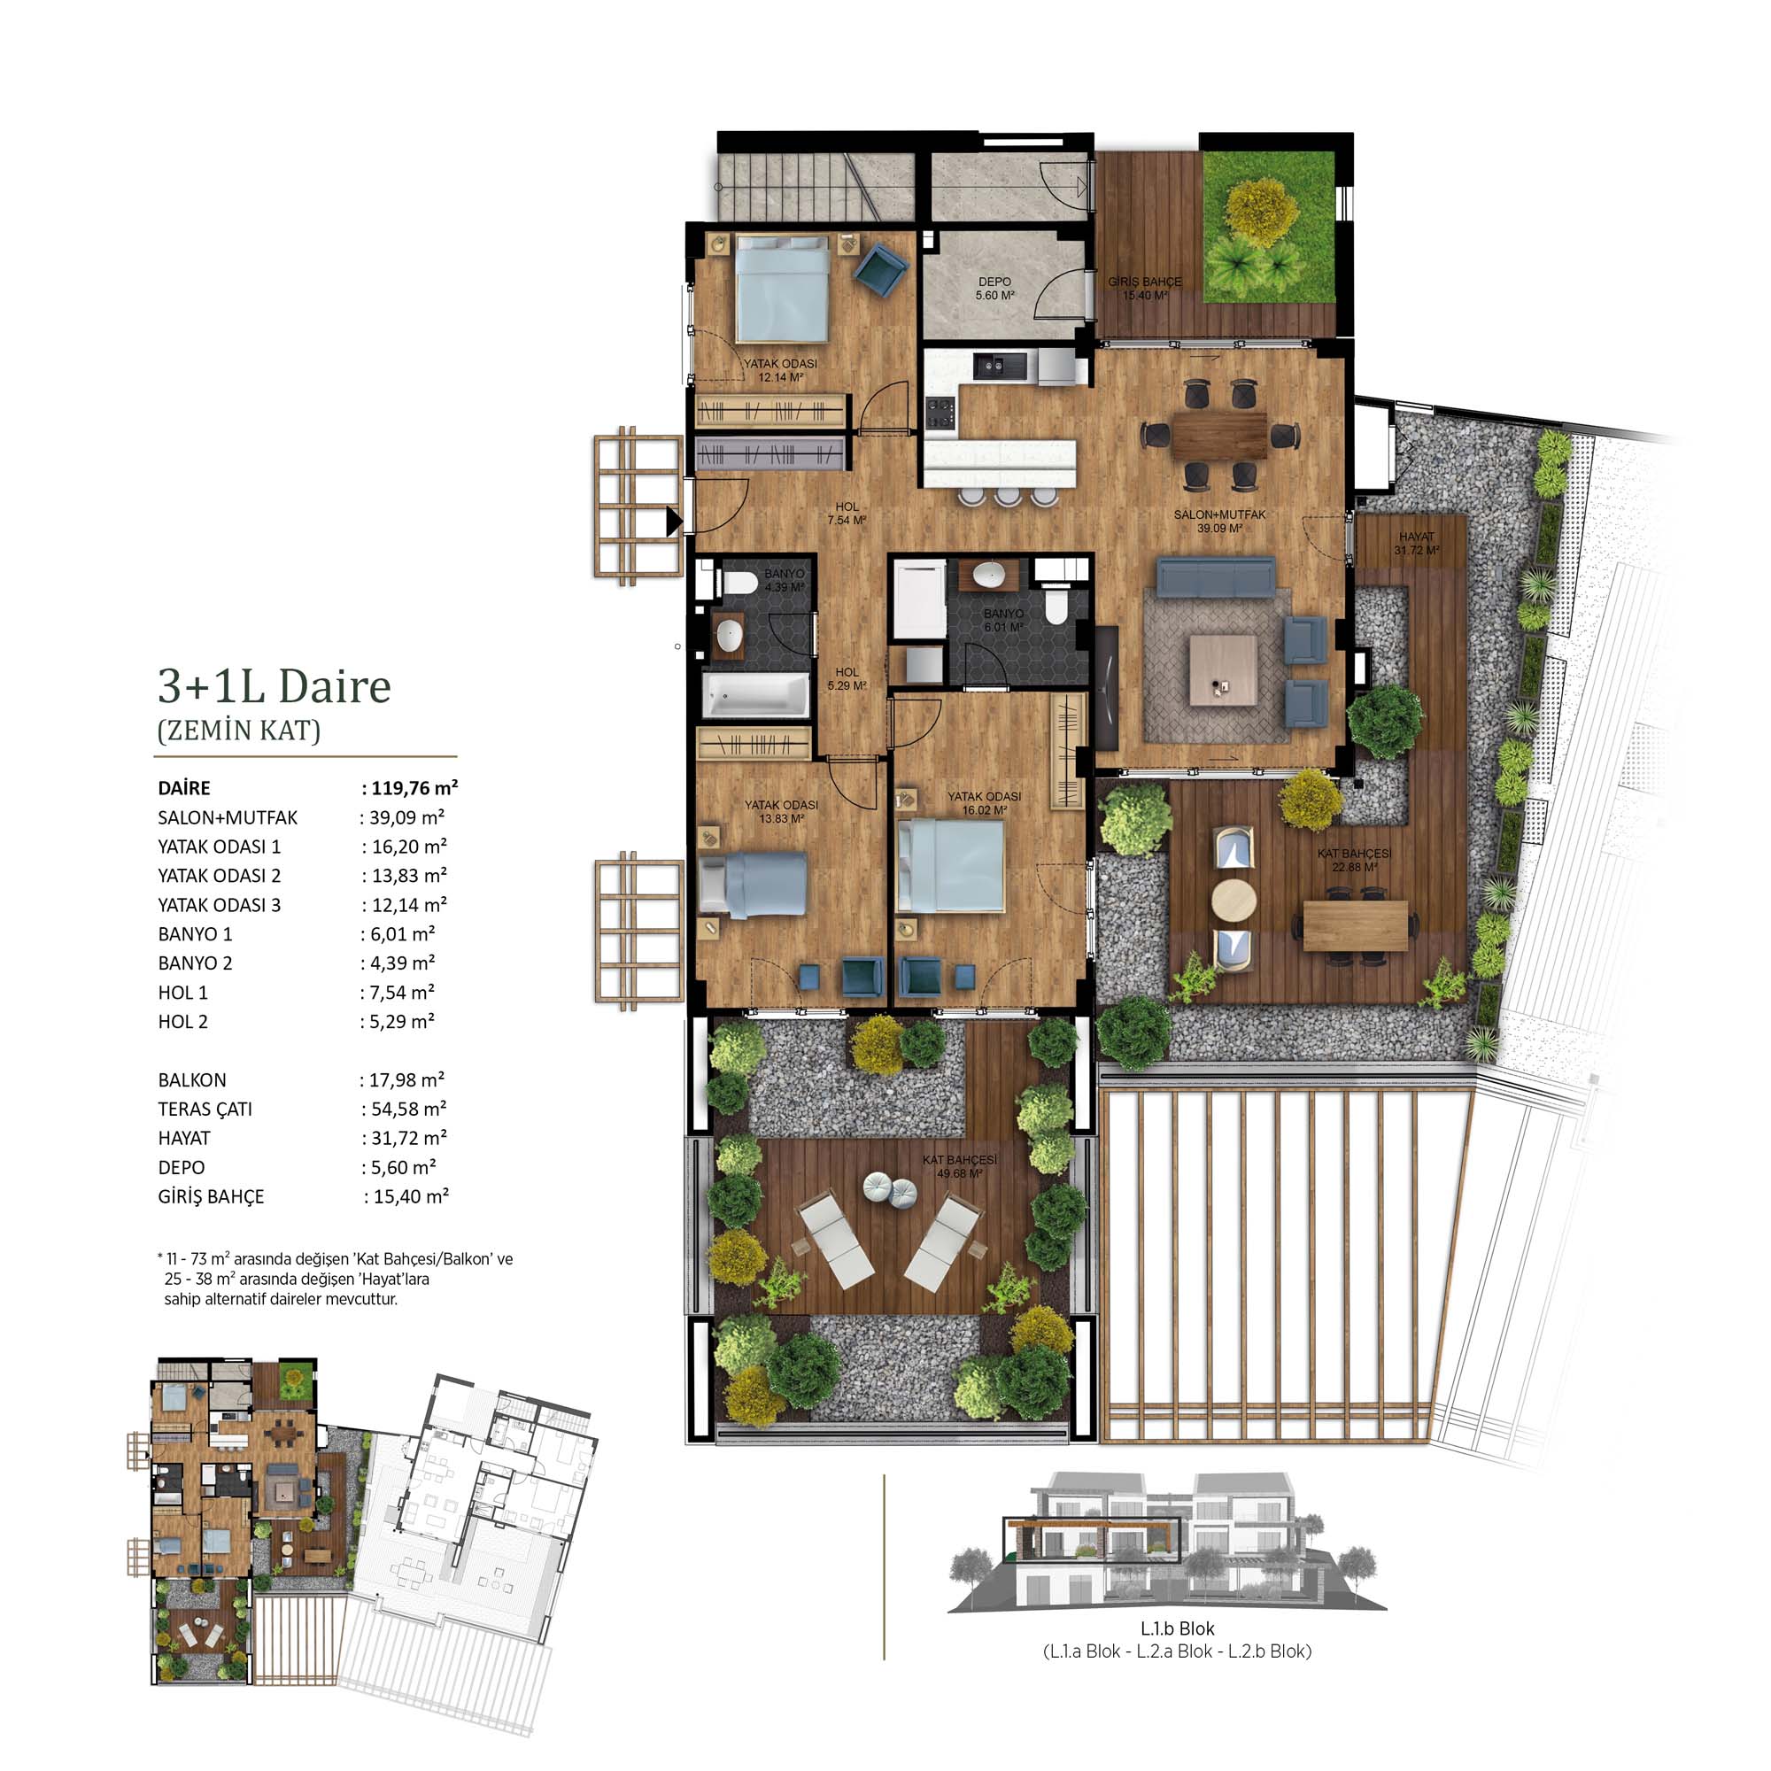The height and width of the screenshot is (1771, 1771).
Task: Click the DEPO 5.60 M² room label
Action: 994,289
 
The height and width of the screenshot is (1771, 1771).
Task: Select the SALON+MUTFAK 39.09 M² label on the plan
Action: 1219,521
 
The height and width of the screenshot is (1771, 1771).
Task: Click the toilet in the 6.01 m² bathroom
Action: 1057,606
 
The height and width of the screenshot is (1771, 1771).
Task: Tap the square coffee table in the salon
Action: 1223,670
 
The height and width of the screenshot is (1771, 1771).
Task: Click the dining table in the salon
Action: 1219,435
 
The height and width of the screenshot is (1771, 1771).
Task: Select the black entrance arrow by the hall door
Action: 674,522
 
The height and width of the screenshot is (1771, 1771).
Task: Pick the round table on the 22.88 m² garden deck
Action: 1234,901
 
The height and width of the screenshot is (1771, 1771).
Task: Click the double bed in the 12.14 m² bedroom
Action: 782,288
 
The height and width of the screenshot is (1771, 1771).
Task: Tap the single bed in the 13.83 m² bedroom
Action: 754,884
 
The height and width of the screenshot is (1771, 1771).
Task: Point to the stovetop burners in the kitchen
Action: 940,412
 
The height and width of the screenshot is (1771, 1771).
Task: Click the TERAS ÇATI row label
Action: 205,1110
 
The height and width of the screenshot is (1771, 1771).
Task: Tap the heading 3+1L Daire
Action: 275,685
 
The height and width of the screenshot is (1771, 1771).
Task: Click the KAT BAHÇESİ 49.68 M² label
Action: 960,1167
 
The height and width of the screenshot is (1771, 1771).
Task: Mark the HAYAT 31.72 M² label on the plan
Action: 1416,544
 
